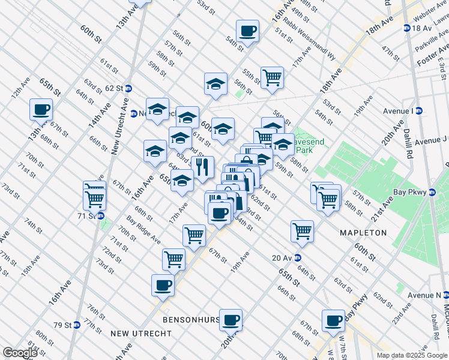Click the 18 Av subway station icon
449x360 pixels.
pyautogui.click(x=407, y=28)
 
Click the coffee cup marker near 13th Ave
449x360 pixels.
pyautogui.click(x=41, y=109)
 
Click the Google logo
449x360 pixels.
pyautogui.click(x=20, y=353)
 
